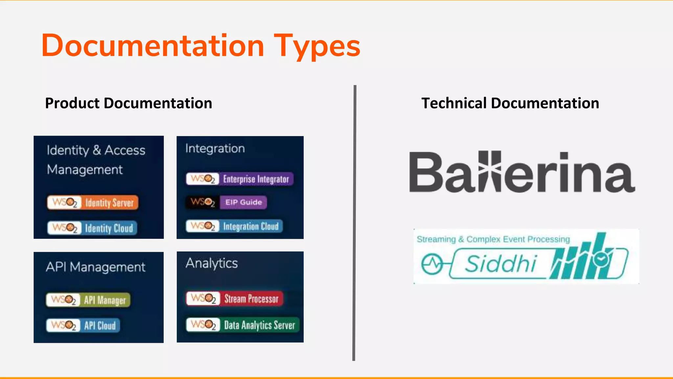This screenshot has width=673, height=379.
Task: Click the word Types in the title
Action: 317,46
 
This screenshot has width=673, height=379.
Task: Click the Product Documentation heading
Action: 128,103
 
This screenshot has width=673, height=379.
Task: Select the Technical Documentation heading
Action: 510,103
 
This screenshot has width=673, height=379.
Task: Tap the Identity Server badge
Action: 93,202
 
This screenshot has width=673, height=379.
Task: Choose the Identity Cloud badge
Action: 92,228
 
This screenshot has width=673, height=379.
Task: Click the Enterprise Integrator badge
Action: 240,179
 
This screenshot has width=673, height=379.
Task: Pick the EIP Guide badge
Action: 226,202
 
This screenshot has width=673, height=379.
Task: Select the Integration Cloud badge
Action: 234,226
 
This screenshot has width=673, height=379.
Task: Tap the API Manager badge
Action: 88,300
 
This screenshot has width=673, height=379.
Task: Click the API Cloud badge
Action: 83,325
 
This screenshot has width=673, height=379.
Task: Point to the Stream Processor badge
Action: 234,299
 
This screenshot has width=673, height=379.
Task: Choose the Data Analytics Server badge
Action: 243,325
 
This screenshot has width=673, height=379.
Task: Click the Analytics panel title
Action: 212,263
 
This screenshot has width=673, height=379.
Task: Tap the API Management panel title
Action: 95,267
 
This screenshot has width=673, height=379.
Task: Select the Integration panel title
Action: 215,148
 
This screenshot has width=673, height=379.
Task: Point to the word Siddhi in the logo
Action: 500,264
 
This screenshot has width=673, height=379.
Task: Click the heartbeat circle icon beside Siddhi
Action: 432,264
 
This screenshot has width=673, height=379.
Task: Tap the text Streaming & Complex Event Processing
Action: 493,239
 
